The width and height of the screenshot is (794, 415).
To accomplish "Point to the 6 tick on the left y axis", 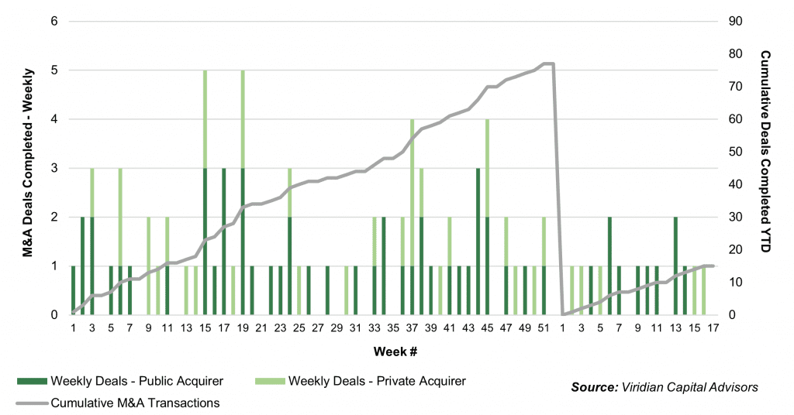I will pyautogui.click(x=54, y=21).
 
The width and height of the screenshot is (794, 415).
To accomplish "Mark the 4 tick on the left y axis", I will pyautogui.click(x=54, y=119).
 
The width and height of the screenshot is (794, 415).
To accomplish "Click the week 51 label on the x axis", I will pyautogui.click(x=543, y=328).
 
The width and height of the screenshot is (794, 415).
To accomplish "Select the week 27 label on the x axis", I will pyautogui.click(x=317, y=328).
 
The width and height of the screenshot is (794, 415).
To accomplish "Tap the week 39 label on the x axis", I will pyautogui.click(x=430, y=328).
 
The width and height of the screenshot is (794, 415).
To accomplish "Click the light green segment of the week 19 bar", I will pyautogui.click(x=242, y=118).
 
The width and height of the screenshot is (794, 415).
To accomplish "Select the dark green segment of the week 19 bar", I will pyautogui.click(x=242, y=241).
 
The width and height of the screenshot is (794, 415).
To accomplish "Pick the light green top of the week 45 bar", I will pyautogui.click(x=487, y=168).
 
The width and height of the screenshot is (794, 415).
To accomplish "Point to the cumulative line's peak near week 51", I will pyautogui.click(x=547, y=63).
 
